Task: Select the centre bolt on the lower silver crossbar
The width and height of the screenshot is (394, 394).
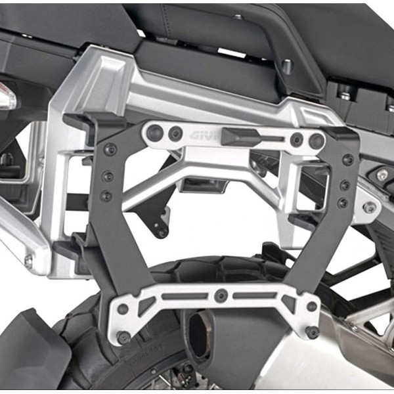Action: point(221,296)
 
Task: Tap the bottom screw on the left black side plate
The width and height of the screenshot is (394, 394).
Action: point(106,196)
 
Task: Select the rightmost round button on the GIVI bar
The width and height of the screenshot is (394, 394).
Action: point(317,140)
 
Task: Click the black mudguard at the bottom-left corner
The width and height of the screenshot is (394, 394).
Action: point(30,351)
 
